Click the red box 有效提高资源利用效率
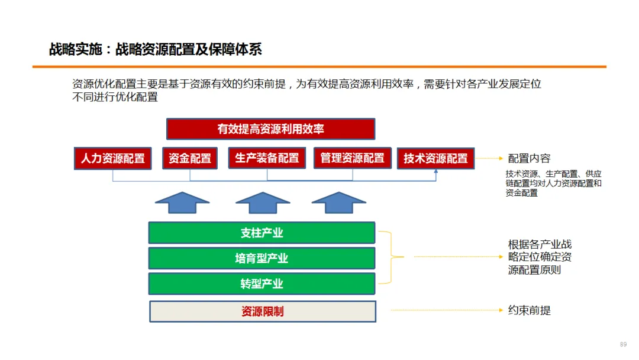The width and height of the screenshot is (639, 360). pyautogui.click(x=270, y=129)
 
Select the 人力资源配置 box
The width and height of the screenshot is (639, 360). pyautogui.click(x=112, y=159)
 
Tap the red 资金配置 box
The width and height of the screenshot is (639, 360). pyautogui.click(x=190, y=159)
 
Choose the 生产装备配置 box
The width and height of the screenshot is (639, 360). pyautogui.click(x=267, y=158)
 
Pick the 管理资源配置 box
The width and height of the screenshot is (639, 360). pyautogui.click(x=352, y=158)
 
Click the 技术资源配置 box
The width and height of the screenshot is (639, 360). pyautogui.click(x=435, y=159)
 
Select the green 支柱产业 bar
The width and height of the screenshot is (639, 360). pyautogui.click(x=262, y=233)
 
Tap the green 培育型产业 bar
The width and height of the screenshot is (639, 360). pyautogui.click(x=262, y=258)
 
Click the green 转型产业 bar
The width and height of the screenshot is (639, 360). pyautogui.click(x=262, y=284)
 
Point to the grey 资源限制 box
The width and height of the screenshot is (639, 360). pyautogui.click(x=262, y=311)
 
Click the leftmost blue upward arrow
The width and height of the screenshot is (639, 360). pyautogui.click(x=182, y=202)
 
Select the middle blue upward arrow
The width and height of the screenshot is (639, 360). pyautogui.click(x=263, y=202)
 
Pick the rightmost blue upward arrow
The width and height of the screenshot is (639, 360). pyautogui.click(x=339, y=202)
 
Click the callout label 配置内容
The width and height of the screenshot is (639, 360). pyautogui.click(x=529, y=159)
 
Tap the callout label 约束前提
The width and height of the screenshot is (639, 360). pyautogui.click(x=529, y=310)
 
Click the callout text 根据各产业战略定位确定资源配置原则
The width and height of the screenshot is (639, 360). pyautogui.click(x=540, y=257)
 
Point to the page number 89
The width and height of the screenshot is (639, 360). pyautogui.click(x=623, y=345)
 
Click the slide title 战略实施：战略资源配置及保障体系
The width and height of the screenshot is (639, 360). pyautogui.click(x=155, y=49)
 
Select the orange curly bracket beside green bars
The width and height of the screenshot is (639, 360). pyautogui.click(x=392, y=257)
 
